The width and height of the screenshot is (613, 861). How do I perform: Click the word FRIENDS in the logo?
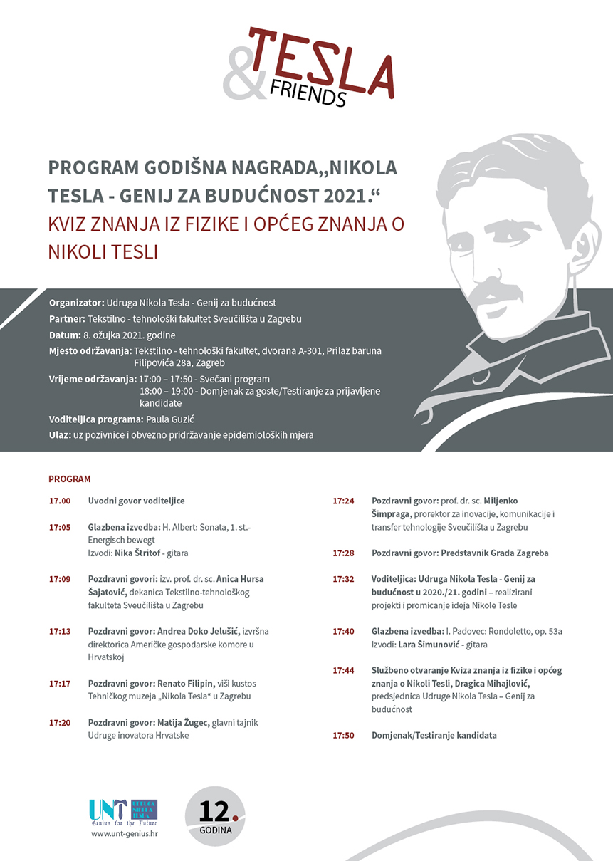(x=308, y=92)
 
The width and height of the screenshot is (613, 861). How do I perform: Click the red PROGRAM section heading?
(x=70, y=479)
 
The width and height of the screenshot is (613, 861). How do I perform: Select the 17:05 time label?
(x=60, y=528)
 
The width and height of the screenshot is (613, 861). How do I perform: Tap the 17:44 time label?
(x=343, y=670)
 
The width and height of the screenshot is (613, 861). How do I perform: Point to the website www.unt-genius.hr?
(x=125, y=834)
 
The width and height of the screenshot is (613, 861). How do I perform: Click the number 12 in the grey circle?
(x=215, y=811)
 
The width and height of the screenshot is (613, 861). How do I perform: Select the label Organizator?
(x=77, y=303)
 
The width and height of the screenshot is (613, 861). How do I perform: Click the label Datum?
(x=64, y=335)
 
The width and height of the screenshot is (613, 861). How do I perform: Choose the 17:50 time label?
(x=343, y=735)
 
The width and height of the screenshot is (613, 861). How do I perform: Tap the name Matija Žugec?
(x=183, y=722)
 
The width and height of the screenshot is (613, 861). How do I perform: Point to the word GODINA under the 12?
(x=215, y=830)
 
